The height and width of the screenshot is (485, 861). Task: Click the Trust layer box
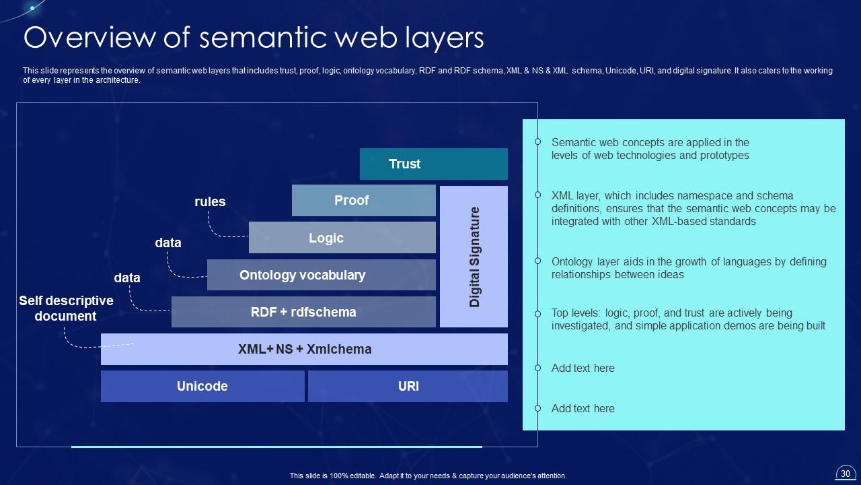pyautogui.click(x=433, y=164)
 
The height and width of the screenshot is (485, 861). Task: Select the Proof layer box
pyautogui.click(x=363, y=200)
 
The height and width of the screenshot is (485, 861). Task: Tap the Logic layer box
pyautogui.click(x=342, y=238)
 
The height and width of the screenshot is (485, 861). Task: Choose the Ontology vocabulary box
pyautogui.click(x=321, y=275)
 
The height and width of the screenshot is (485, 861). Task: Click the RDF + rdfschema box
pyautogui.click(x=303, y=312)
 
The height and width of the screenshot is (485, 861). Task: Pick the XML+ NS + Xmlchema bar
pyautogui.click(x=304, y=349)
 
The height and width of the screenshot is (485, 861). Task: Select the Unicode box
pyautogui.click(x=202, y=386)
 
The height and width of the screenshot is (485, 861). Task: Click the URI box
pyautogui.click(x=408, y=386)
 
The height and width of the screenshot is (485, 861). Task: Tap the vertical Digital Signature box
pyautogui.click(x=474, y=257)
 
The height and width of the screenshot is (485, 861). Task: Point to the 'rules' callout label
pyautogui.click(x=210, y=201)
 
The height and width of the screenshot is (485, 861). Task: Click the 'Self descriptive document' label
pyautogui.click(x=66, y=309)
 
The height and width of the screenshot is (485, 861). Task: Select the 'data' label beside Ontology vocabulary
pyautogui.click(x=168, y=243)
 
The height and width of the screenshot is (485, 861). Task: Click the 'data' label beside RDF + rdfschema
pyautogui.click(x=127, y=278)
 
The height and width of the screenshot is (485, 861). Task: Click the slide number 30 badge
pyautogui.click(x=845, y=473)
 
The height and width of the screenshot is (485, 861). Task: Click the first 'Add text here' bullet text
pyautogui.click(x=583, y=368)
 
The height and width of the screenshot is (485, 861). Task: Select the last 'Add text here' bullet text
pyautogui.click(x=583, y=408)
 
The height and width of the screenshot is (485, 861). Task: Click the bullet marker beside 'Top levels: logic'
pyautogui.click(x=537, y=313)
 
